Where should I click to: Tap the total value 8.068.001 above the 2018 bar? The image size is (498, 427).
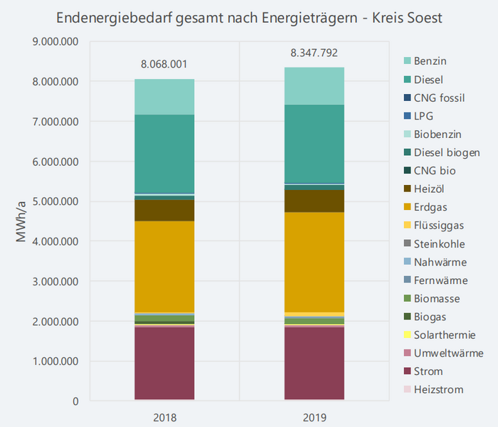pyautogui.click(x=164, y=64)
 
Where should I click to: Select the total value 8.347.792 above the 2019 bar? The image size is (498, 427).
pyautogui.click(x=314, y=53)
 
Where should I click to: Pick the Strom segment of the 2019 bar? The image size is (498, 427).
pyautogui.click(x=314, y=363)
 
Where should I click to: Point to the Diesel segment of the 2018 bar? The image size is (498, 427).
pyautogui.click(x=164, y=153)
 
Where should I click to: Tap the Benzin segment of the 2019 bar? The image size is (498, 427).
pyautogui.click(x=314, y=85)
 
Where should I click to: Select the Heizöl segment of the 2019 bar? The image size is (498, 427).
pyautogui.click(x=314, y=201)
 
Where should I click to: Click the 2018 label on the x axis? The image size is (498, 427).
pyautogui.click(x=164, y=417)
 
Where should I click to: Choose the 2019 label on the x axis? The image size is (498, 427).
pyautogui.click(x=314, y=417)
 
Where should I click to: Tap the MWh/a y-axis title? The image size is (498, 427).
pyautogui.click(x=21, y=221)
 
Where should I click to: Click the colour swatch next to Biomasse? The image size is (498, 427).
pyautogui.click(x=406, y=298)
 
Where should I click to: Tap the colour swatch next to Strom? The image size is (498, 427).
pyautogui.click(x=406, y=371)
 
